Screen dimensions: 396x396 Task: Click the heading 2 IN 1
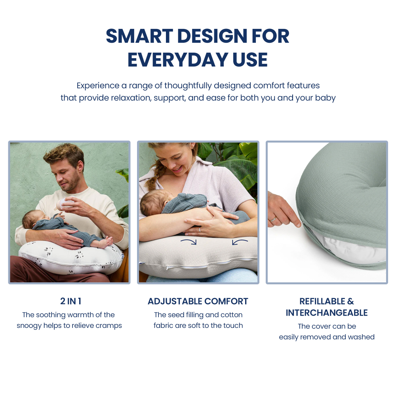tap(70, 301)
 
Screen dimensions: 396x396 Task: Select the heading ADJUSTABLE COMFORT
tap(198, 301)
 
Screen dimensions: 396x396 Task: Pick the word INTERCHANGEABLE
tap(327, 313)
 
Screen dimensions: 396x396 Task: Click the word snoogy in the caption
tap(30, 326)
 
